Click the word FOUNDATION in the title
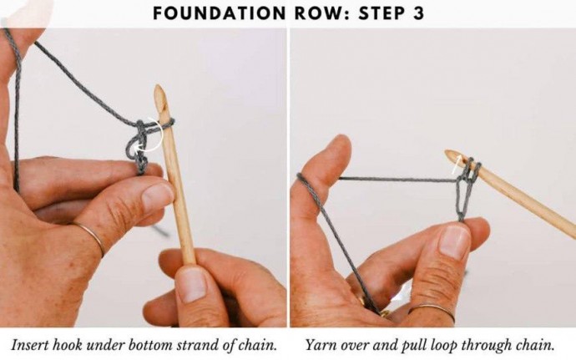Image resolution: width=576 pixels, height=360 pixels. (x=219, y=13)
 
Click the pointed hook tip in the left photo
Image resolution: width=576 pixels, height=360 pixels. (x=159, y=89)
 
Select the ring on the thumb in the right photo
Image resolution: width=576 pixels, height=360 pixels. (x=432, y=310)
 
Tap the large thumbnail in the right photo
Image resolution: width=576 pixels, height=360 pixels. (x=455, y=241)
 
